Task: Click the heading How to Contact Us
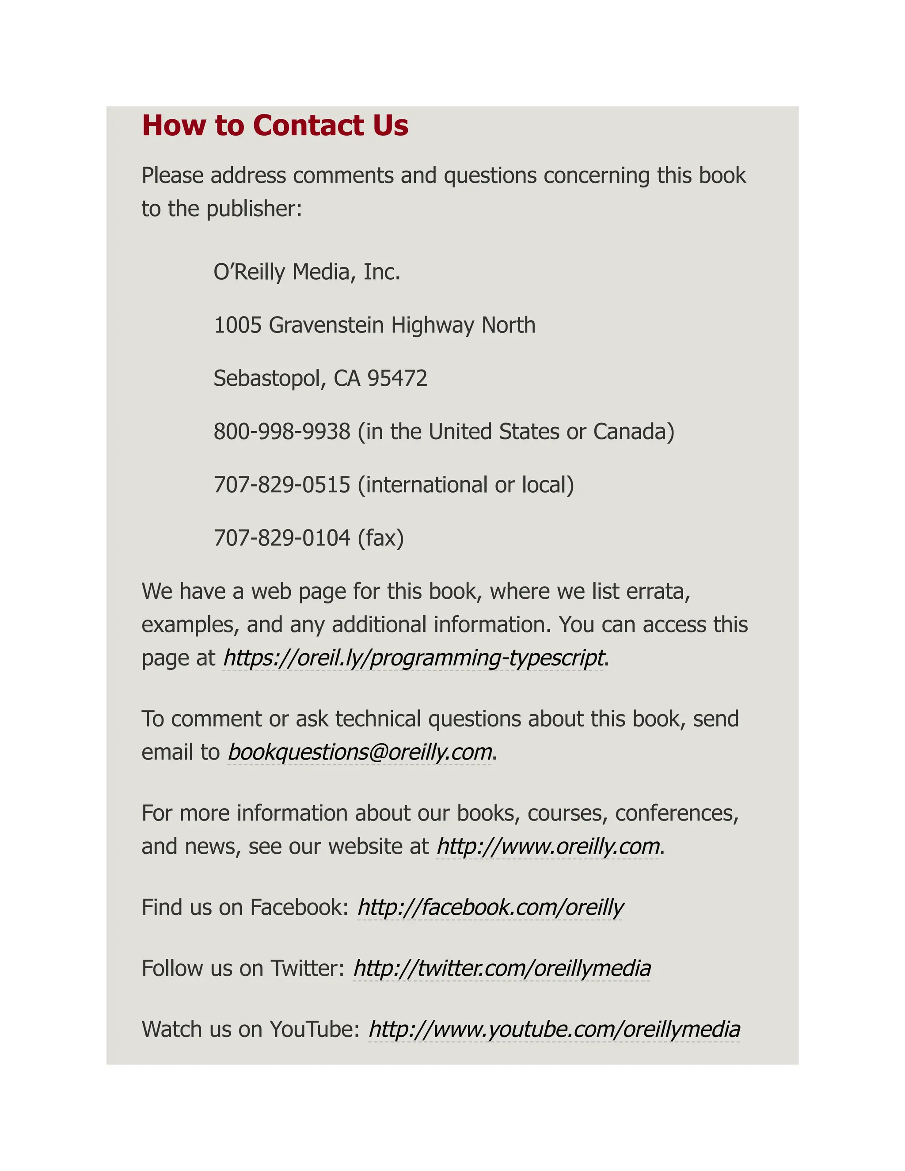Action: [x=274, y=125]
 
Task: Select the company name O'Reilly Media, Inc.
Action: [x=307, y=272]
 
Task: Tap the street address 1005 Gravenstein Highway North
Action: [x=374, y=325]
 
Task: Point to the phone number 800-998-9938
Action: [x=282, y=432]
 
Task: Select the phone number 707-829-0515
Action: [x=282, y=485]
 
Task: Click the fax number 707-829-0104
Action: [x=282, y=538]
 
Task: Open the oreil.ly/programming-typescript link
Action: [x=413, y=658]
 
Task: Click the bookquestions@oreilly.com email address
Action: [x=360, y=752]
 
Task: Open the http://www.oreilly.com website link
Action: [x=548, y=847]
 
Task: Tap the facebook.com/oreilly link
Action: [x=490, y=908]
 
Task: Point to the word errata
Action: [x=658, y=591]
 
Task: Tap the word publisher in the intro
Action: [x=254, y=209]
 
